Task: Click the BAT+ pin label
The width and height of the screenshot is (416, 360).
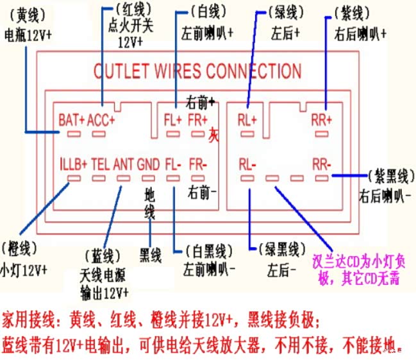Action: click(x=71, y=119)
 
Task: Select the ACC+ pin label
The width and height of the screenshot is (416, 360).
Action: click(x=101, y=119)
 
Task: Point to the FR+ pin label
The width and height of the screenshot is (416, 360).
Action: click(x=197, y=119)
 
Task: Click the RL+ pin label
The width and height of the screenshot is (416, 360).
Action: click(x=247, y=119)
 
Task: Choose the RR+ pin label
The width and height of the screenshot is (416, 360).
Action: click(x=322, y=119)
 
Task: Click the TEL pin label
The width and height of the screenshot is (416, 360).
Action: click(x=101, y=164)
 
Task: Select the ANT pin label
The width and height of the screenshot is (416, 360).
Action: click(x=124, y=164)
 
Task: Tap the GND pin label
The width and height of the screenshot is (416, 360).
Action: click(x=148, y=164)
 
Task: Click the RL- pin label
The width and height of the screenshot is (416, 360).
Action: click(x=247, y=164)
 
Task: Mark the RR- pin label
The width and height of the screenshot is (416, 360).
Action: click(x=322, y=164)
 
